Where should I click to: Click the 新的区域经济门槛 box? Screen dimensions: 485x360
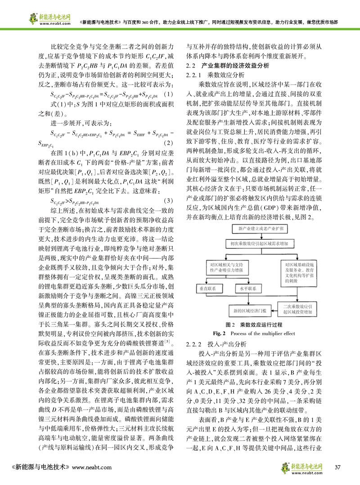243,310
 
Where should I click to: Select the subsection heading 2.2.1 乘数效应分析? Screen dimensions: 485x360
216,75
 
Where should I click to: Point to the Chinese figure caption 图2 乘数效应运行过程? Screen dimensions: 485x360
254,325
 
